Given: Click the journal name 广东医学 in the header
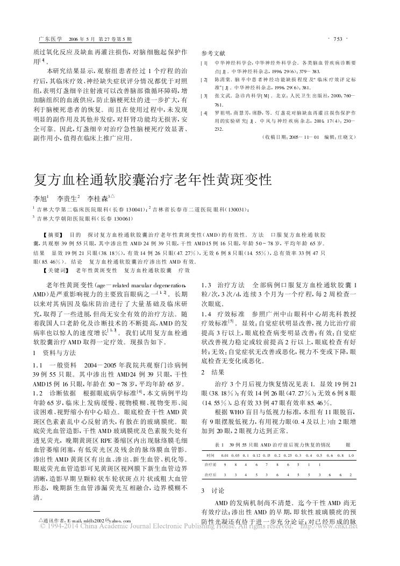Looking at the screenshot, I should tap(47, 39).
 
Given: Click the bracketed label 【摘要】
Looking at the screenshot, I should tap(52, 235).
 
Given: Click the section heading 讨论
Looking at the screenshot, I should tap(211, 490).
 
